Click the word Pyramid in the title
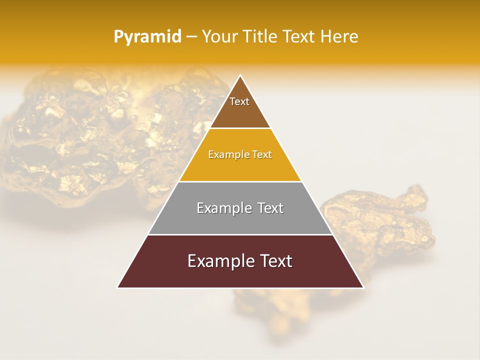[x=147, y=37]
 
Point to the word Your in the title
[x=219, y=37]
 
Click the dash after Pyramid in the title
[x=191, y=37]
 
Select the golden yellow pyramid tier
[x=240, y=167]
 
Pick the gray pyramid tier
[x=240, y=220]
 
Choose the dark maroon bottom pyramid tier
[x=240, y=275]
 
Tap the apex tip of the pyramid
[x=240, y=76]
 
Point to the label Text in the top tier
[x=239, y=101]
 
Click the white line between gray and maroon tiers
[x=240, y=234]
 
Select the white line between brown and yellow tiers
[x=240, y=128]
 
